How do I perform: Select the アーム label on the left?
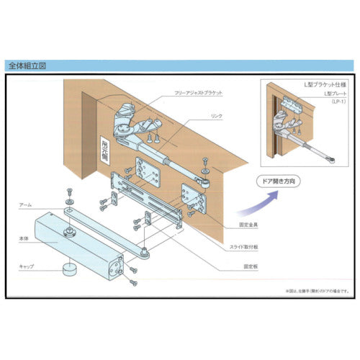click(x=26, y=205)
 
